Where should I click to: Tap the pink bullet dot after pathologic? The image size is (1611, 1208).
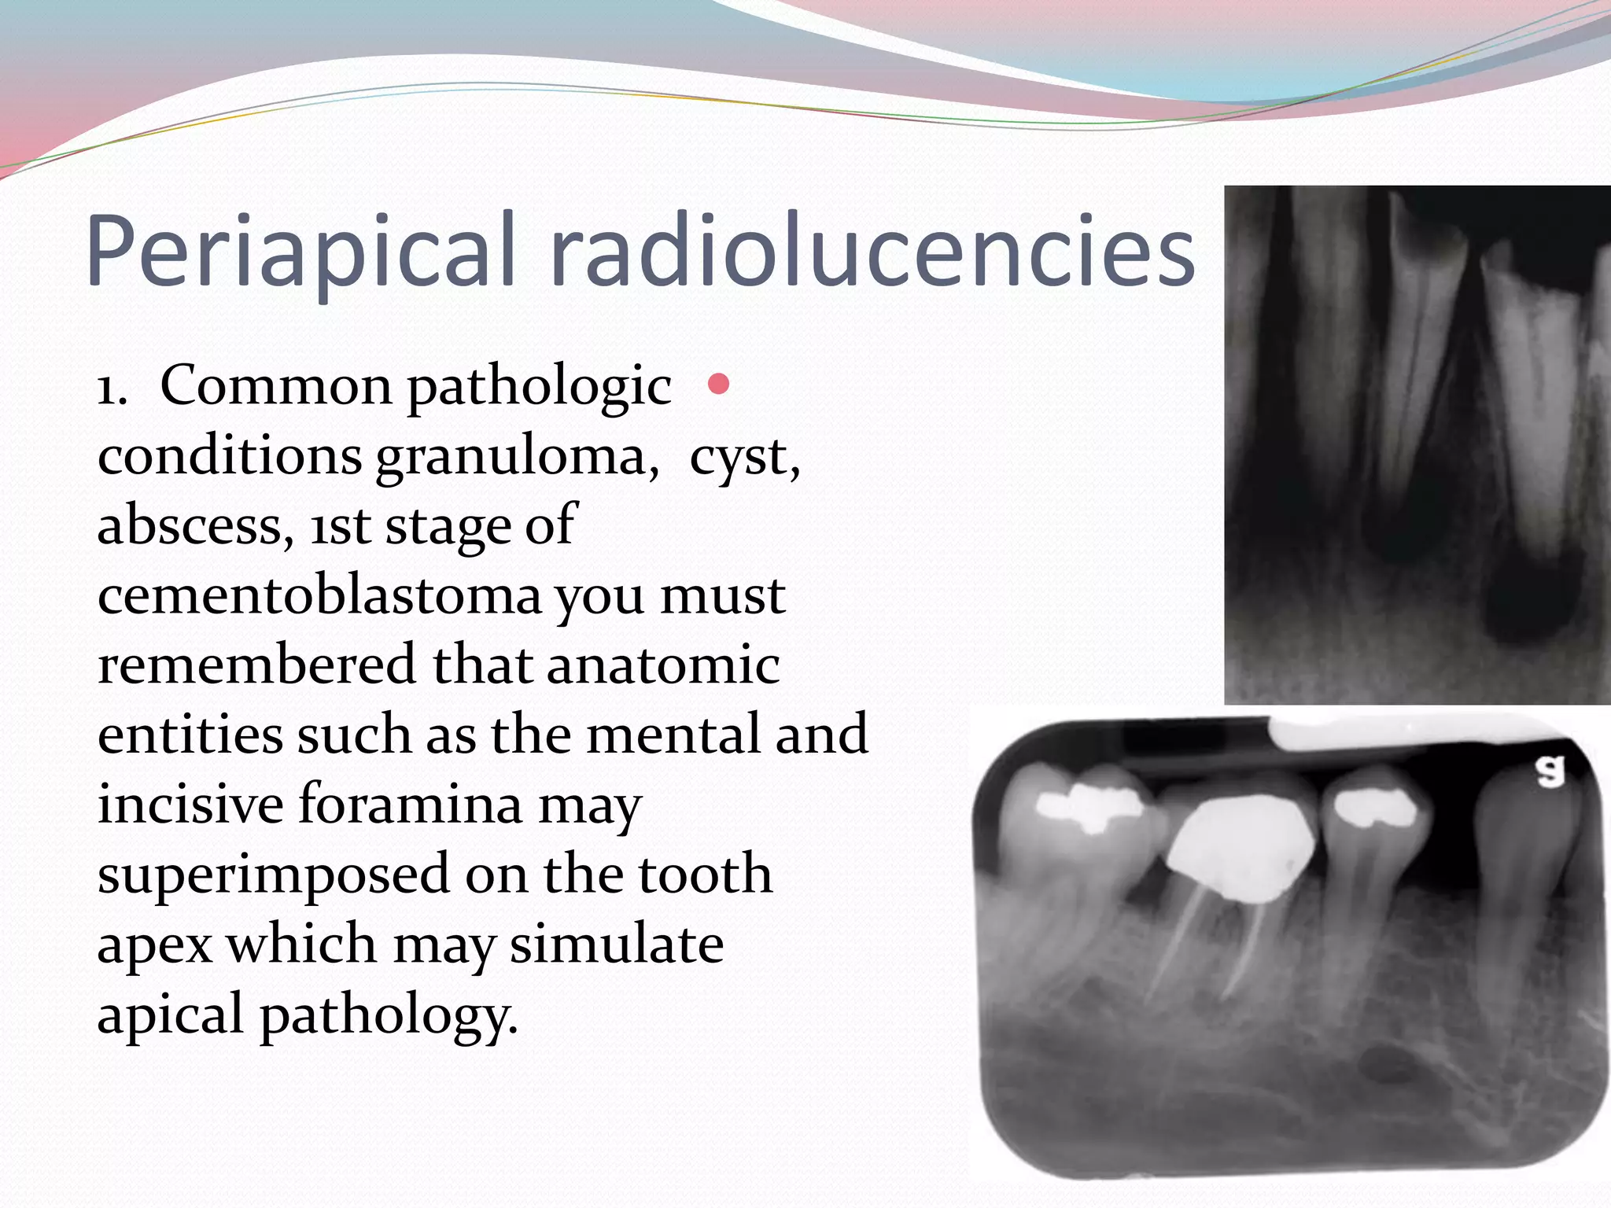(x=718, y=384)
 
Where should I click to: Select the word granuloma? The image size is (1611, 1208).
(x=517, y=456)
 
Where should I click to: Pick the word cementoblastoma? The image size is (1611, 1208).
(x=319, y=595)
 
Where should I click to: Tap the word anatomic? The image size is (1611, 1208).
(x=662, y=665)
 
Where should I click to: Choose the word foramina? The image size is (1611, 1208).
(x=410, y=804)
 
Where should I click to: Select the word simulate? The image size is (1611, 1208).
(x=616, y=944)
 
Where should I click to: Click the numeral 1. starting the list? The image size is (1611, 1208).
(x=112, y=387)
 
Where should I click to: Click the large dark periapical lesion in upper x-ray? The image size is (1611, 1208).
(x=1530, y=598)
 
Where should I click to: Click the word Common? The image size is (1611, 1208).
(x=276, y=387)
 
